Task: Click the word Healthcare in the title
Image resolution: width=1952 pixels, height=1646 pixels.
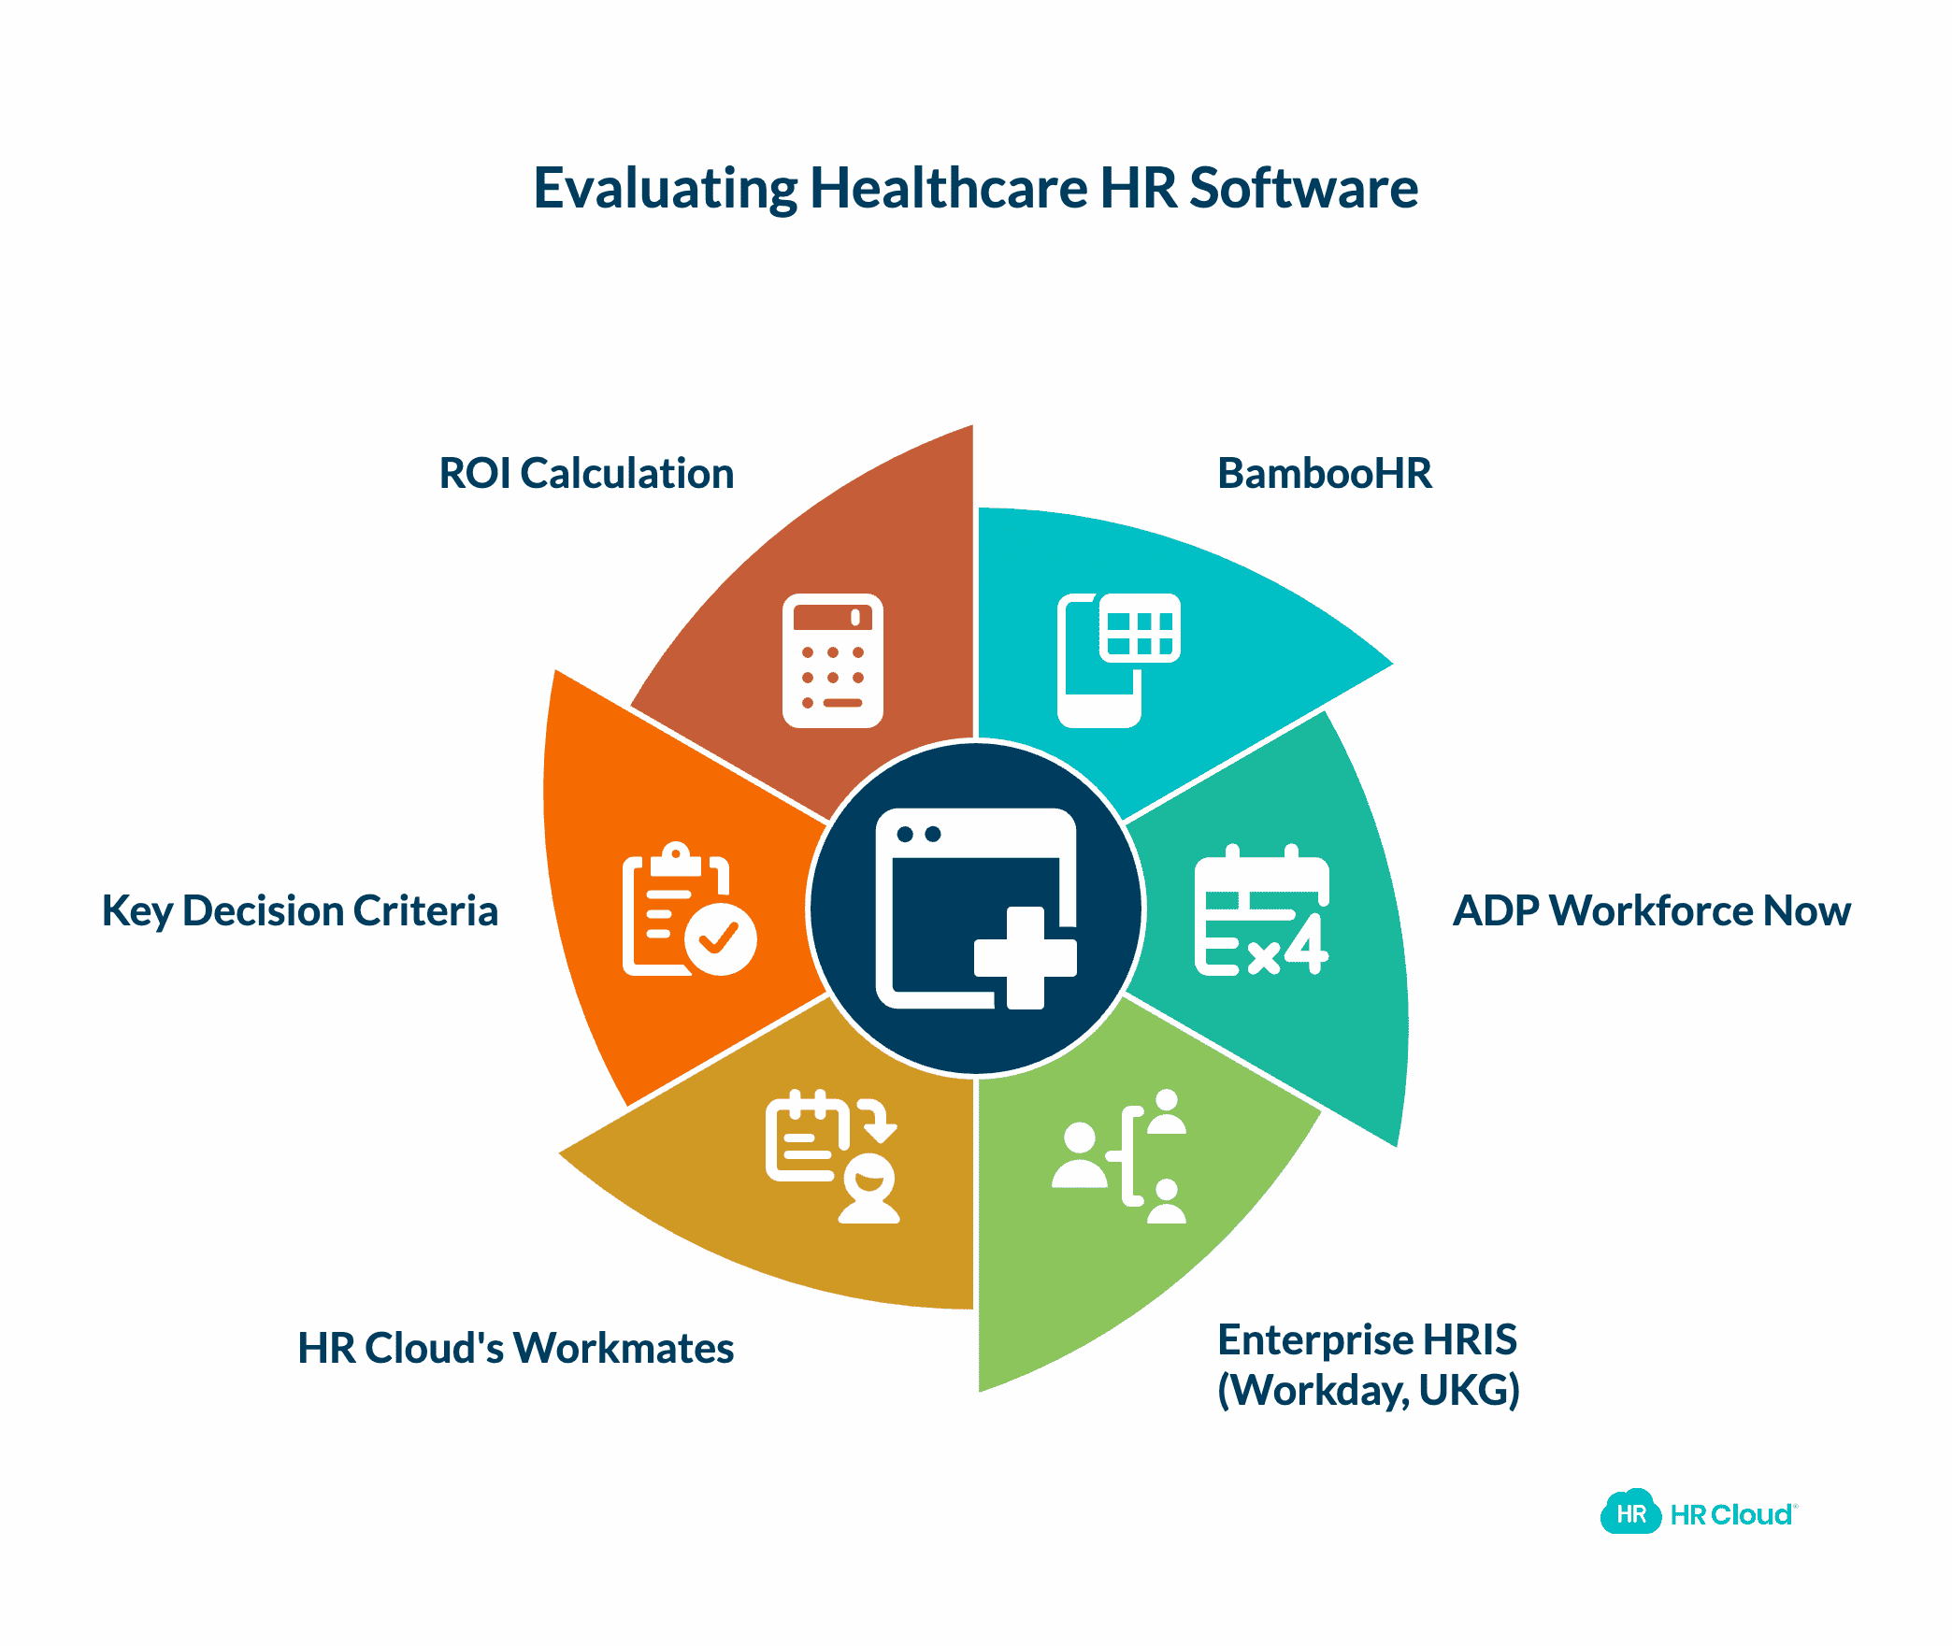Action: tap(948, 189)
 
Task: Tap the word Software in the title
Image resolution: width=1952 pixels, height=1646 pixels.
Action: tap(1303, 189)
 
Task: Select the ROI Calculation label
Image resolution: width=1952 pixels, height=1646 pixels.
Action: tap(586, 473)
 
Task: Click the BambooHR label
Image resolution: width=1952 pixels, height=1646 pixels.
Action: tap(1324, 473)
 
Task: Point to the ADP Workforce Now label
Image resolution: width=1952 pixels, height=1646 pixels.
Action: tap(1651, 910)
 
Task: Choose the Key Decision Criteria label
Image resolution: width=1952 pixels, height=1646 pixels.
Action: tap(299, 910)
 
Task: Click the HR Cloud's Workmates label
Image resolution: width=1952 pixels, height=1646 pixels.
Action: tap(515, 1348)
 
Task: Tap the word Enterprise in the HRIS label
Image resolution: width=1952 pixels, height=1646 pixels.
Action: tap(1314, 1339)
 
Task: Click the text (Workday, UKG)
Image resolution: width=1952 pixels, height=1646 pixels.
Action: tap(1368, 1390)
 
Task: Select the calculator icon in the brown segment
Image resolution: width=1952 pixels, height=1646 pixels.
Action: tap(832, 660)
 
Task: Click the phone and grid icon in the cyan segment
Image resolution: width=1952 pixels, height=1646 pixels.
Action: tap(1118, 660)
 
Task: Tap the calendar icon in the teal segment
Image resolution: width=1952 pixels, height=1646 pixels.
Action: tap(1261, 910)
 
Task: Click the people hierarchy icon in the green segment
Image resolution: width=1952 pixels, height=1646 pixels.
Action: tap(1120, 1157)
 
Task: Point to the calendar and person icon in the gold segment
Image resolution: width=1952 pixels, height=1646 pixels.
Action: tap(832, 1157)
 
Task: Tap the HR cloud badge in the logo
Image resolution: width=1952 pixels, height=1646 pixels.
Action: tap(1631, 1513)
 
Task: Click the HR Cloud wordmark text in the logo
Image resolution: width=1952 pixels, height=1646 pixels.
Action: tap(1731, 1514)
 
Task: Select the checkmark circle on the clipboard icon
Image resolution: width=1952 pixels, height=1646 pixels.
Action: tap(720, 938)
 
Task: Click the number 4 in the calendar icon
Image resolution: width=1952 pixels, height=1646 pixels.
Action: tap(1307, 944)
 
